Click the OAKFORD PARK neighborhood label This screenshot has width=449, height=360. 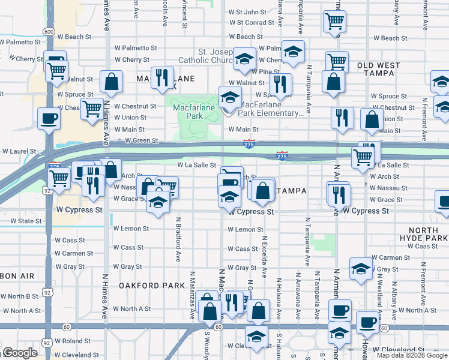[x=151, y=286]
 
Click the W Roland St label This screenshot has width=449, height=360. [x=72, y=341]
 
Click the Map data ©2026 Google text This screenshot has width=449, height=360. [x=412, y=355]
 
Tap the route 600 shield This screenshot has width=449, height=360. [x=49, y=31]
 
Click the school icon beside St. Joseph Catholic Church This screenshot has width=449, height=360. [x=244, y=58]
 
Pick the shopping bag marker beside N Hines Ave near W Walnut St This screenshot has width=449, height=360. [x=111, y=82]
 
